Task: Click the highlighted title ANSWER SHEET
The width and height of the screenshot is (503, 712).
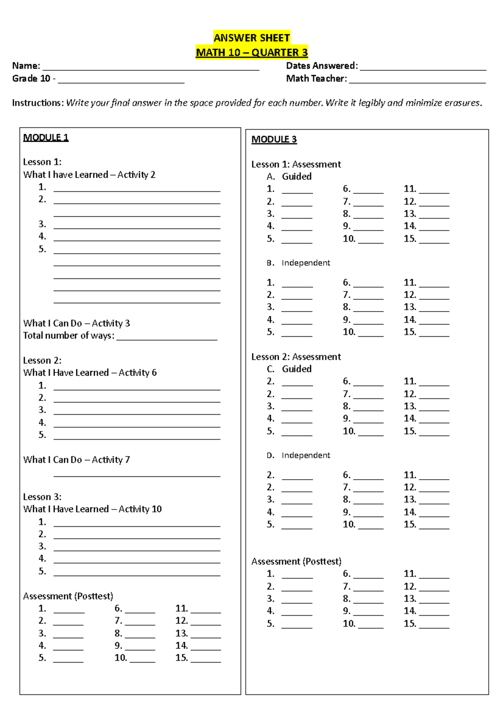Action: (x=251, y=38)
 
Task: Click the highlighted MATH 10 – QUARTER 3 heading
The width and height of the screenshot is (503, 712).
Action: (x=251, y=52)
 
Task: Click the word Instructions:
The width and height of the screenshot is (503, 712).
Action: (x=38, y=103)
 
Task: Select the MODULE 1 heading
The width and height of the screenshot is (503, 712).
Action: (x=46, y=138)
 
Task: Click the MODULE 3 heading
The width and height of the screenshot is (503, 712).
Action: (x=274, y=139)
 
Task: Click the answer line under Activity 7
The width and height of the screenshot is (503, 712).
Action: (x=137, y=475)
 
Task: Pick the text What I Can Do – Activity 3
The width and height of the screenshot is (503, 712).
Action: (x=76, y=323)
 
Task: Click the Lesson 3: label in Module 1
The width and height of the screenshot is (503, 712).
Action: (x=42, y=497)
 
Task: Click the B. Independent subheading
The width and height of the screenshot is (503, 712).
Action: (x=298, y=263)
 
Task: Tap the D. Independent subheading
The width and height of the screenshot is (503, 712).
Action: (x=298, y=455)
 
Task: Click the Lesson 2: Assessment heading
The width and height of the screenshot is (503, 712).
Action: (x=296, y=357)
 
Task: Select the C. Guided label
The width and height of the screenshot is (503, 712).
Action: (x=289, y=369)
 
